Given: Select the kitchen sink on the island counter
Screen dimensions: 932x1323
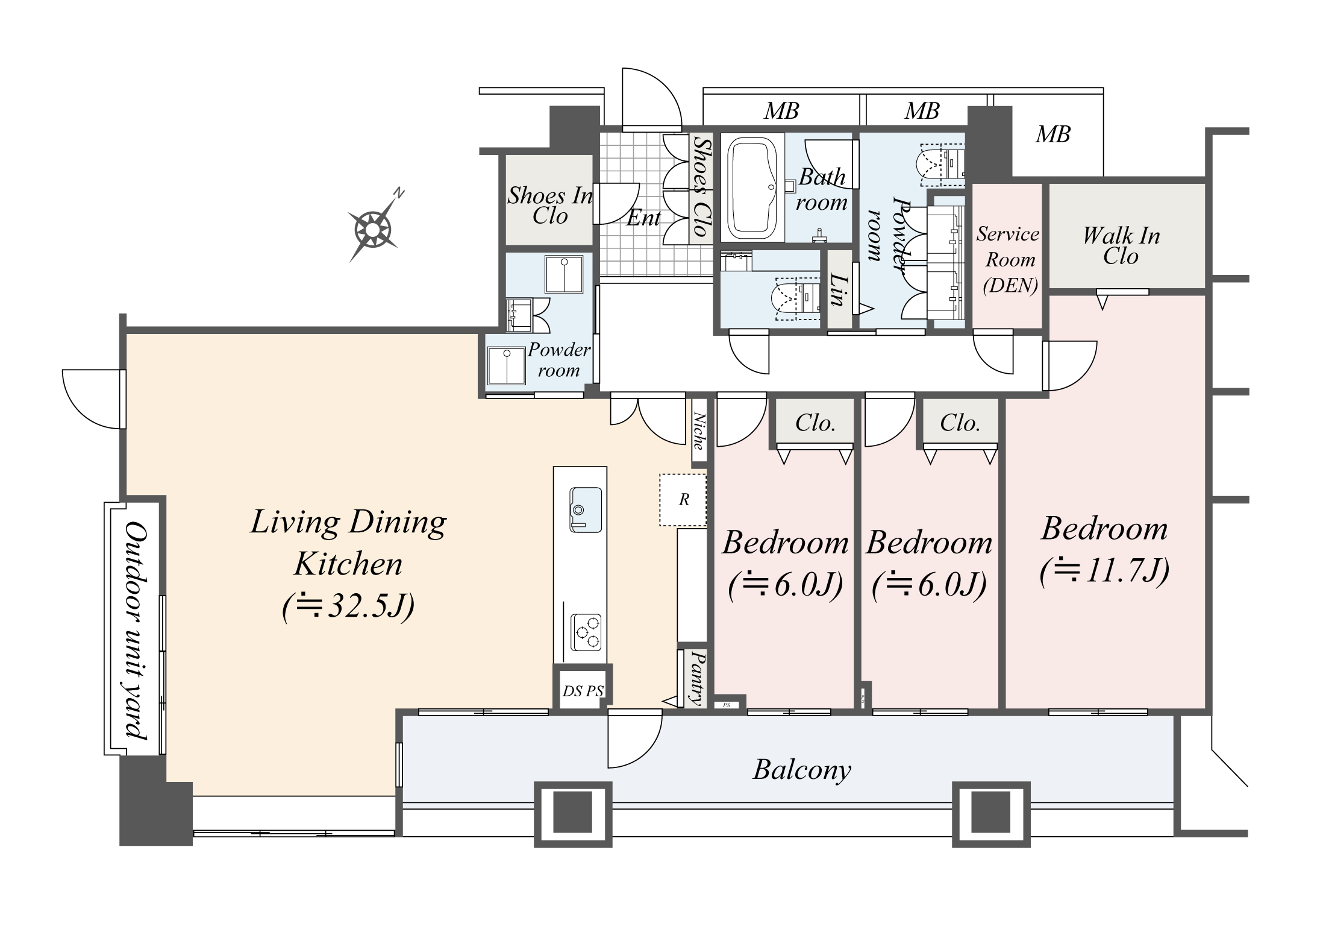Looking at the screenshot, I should pos(585,510).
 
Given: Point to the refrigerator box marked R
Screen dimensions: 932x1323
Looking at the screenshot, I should pos(683,500).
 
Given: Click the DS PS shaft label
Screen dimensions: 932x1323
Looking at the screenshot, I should pos(583,691).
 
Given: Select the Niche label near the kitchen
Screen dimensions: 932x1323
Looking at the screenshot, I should pos(699,430).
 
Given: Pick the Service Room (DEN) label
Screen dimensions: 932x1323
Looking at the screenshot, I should pos(1009,259).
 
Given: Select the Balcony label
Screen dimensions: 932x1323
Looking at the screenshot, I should pos(802,770).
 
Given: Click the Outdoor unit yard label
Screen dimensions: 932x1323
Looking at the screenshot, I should pos(137,630).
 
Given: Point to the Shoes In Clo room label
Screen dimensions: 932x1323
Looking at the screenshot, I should pos(550,206).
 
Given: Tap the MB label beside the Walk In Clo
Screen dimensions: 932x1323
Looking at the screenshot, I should pos(1052,134).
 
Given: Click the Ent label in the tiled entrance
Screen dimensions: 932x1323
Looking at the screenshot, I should pos(643,218).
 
